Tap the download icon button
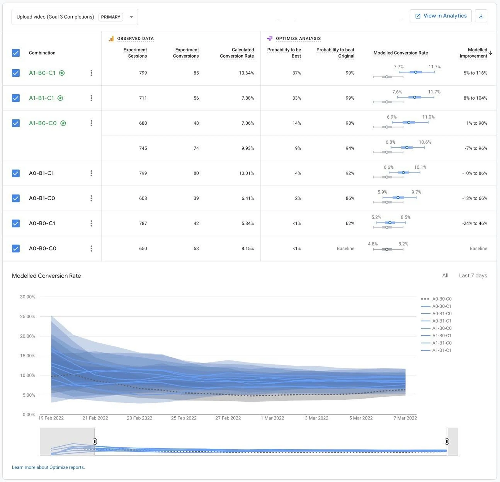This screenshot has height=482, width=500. tap(481, 16)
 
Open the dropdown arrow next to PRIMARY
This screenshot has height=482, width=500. tap(131, 17)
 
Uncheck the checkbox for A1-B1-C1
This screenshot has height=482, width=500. tap(16, 98)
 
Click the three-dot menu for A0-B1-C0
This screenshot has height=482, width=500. tap(91, 198)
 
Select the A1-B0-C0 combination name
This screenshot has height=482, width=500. tap(43, 123)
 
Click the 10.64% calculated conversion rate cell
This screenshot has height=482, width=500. tap(246, 73)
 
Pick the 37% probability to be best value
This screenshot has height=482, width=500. tap(296, 73)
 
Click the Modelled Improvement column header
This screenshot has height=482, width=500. tap(473, 53)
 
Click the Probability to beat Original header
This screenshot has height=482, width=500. tap(335, 53)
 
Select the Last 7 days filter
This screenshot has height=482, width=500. tap(473, 275)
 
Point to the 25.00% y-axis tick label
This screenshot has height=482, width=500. tap(28, 316)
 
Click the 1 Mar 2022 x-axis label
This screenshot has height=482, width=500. tap(272, 418)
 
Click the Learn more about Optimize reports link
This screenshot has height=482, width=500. tap(48, 467)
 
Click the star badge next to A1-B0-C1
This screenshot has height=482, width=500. tap(62, 73)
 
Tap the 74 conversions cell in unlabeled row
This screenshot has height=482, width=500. tap(196, 148)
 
